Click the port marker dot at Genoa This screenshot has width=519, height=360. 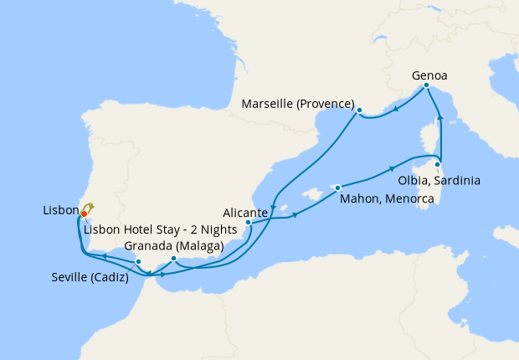(x=426, y=85)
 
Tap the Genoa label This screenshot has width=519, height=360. (x=429, y=75)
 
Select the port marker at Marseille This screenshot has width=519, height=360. (x=358, y=111)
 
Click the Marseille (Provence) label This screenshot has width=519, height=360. (x=297, y=104)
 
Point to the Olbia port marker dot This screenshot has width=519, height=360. (x=437, y=165)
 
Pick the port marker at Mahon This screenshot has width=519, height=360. (x=337, y=188)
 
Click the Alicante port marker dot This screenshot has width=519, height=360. (x=249, y=223)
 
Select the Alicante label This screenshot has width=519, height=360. (x=246, y=213)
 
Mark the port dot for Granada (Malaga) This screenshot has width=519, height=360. (x=172, y=259)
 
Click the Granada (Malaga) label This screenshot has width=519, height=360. (x=173, y=246)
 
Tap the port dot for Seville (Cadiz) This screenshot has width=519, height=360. (x=138, y=263)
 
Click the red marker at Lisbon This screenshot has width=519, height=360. (x=84, y=214)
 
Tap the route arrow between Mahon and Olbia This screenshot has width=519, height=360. (x=392, y=168)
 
